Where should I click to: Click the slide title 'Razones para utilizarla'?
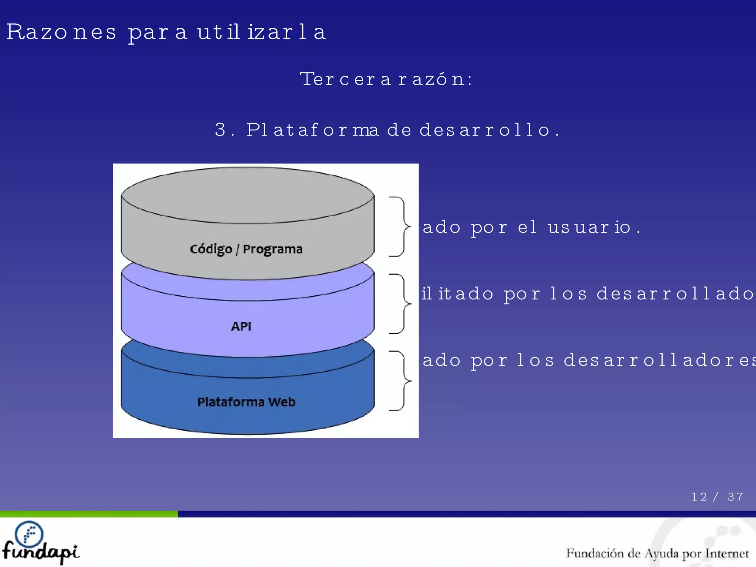166,32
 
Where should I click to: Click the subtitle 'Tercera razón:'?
386,79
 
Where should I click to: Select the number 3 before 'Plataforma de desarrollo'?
220,130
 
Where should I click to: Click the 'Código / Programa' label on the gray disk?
246,249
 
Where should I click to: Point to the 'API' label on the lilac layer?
241,326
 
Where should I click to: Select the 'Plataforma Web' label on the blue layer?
246,402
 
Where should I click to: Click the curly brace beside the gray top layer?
400,226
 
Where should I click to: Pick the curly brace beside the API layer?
400,303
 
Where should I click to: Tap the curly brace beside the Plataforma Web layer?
400,381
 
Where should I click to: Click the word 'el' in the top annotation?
527,227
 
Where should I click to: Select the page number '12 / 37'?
717,497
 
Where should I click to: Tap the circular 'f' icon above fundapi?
29,534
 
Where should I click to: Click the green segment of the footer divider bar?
89,514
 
